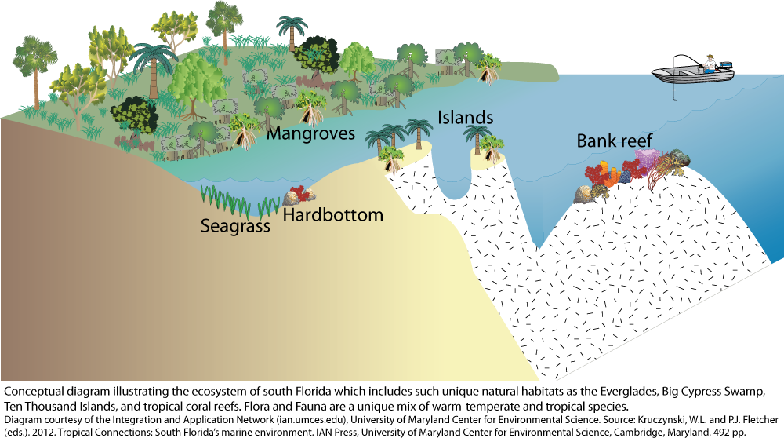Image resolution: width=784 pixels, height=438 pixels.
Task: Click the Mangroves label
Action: point(311,133)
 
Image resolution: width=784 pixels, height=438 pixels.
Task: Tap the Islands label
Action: point(465,118)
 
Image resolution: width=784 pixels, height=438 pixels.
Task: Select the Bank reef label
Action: point(615,141)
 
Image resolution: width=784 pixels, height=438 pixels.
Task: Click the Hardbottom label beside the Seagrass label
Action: point(332,214)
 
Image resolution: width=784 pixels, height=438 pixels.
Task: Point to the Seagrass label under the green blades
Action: point(235,227)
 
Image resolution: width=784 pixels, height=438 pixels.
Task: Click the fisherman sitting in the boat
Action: point(710,64)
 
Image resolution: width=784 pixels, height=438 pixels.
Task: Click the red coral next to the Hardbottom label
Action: point(296,196)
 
